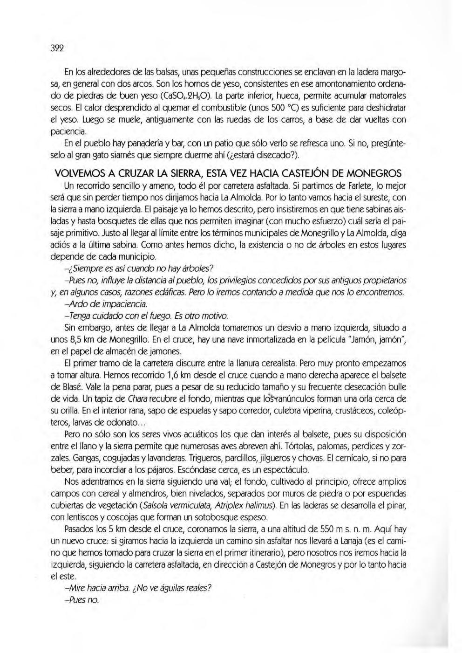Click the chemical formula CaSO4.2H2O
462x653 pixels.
coord(186,96)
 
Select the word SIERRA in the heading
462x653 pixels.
coord(163,174)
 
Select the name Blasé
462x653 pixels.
coord(75,386)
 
